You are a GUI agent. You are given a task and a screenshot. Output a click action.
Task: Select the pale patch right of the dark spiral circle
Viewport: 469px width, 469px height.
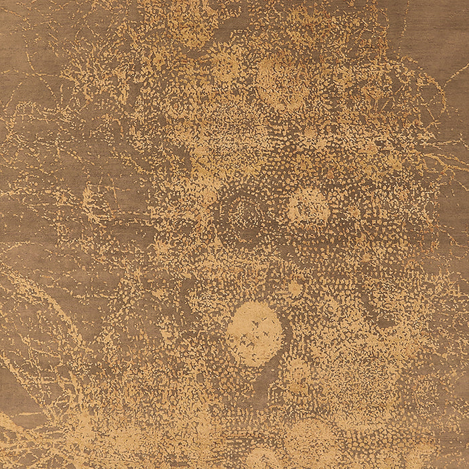(308, 208)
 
